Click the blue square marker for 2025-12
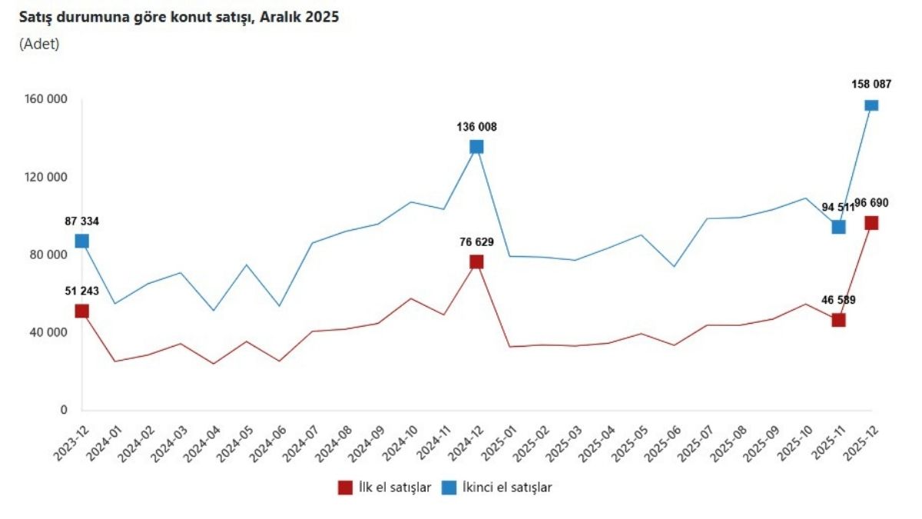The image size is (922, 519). [x=871, y=105]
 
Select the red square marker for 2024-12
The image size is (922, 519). [x=476, y=261]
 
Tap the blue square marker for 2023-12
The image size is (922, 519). [x=81, y=241]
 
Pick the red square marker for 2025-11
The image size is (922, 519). [x=838, y=320]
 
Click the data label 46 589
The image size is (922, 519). [x=839, y=300]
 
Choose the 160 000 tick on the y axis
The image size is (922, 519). [x=47, y=99]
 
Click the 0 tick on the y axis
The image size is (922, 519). [x=65, y=410]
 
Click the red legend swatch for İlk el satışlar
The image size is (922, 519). [x=346, y=487]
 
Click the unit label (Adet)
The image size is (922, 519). [x=39, y=44]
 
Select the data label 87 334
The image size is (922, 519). [x=81, y=221]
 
